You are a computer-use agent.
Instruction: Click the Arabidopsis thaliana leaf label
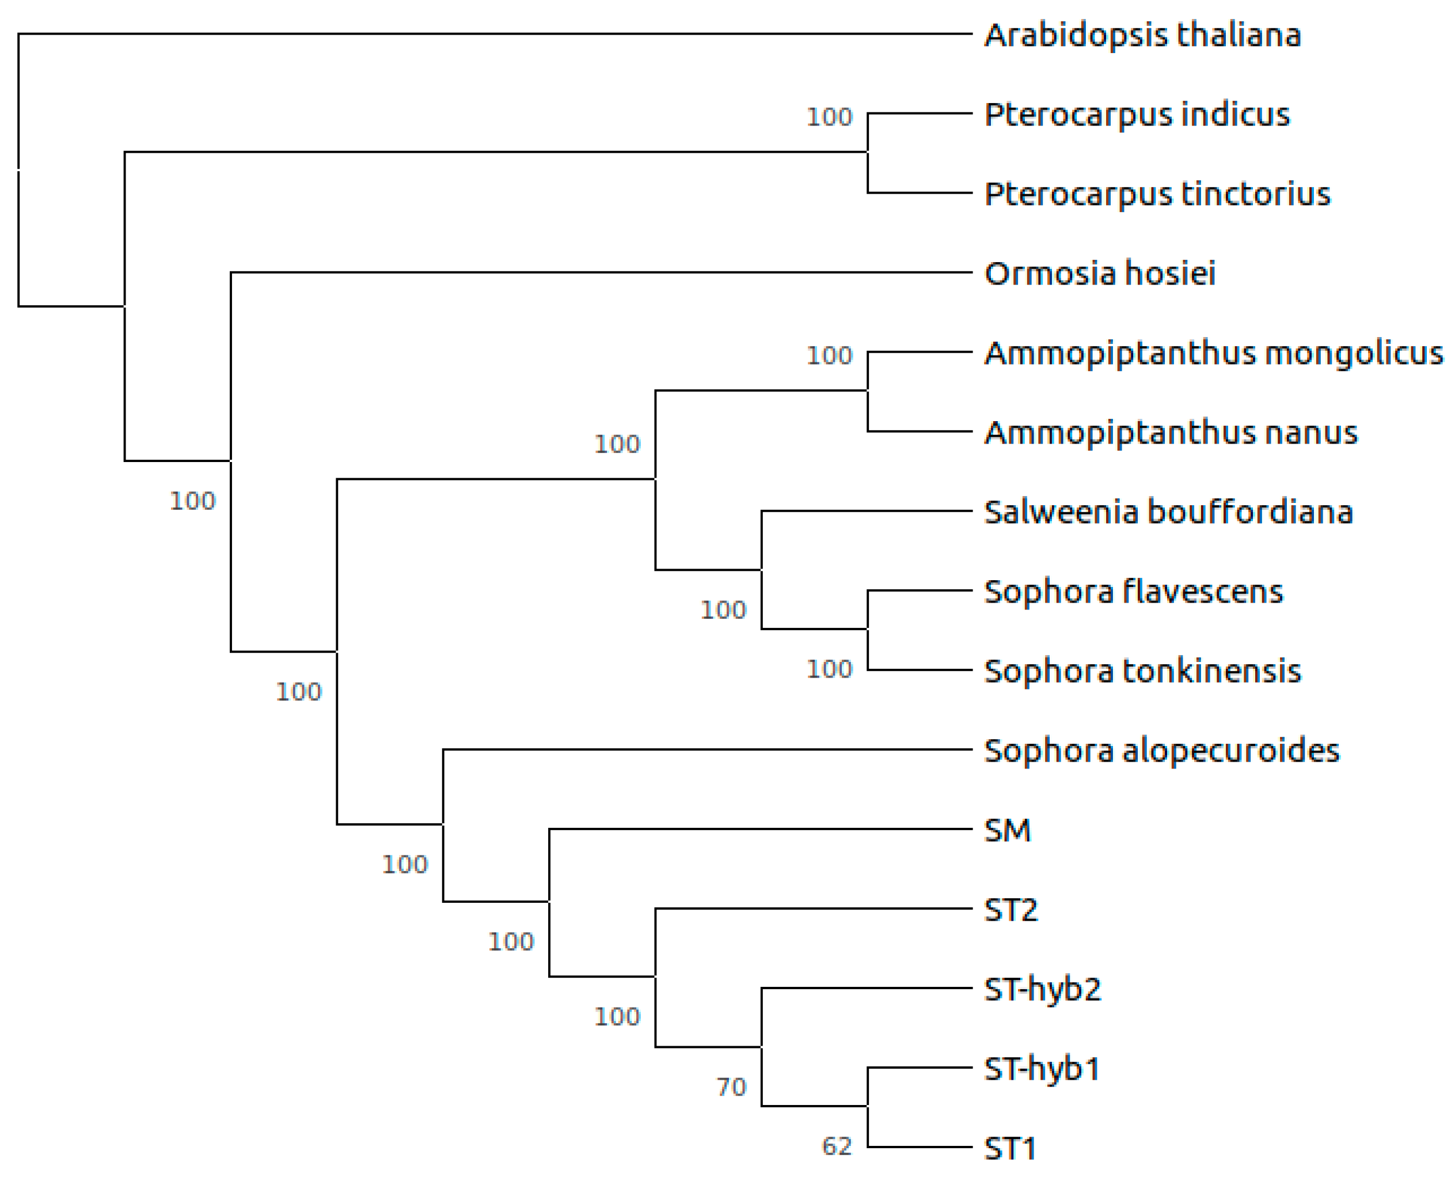pyautogui.click(x=1142, y=35)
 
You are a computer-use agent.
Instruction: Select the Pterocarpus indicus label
pyautogui.click(x=1137, y=115)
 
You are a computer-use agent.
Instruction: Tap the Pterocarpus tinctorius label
pyautogui.click(x=1157, y=195)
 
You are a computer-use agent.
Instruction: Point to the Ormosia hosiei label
pyautogui.click(x=1099, y=274)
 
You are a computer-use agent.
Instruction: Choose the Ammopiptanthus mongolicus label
pyautogui.click(x=1213, y=354)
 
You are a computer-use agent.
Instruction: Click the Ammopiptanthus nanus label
pyautogui.click(x=1171, y=433)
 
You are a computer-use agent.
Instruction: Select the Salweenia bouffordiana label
pyautogui.click(x=1168, y=513)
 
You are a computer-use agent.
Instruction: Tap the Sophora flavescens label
pyautogui.click(x=1133, y=592)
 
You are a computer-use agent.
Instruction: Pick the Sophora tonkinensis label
pyautogui.click(x=1142, y=671)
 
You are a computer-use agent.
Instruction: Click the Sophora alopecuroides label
pyautogui.click(x=1161, y=751)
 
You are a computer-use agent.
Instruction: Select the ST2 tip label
pyautogui.click(x=1010, y=910)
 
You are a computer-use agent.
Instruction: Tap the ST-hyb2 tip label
pyautogui.click(x=1042, y=989)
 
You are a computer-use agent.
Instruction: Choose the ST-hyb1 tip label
pyautogui.click(x=1041, y=1069)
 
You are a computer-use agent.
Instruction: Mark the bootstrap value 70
pyautogui.click(x=731, y=1088)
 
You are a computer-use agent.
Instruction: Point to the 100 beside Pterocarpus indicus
pyautogui.click(x=829, y=118)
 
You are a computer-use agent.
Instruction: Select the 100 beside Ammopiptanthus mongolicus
pyautogui.click(x=829, y=356)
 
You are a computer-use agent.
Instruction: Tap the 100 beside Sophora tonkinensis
pyautogui.click(x=829, y=670)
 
